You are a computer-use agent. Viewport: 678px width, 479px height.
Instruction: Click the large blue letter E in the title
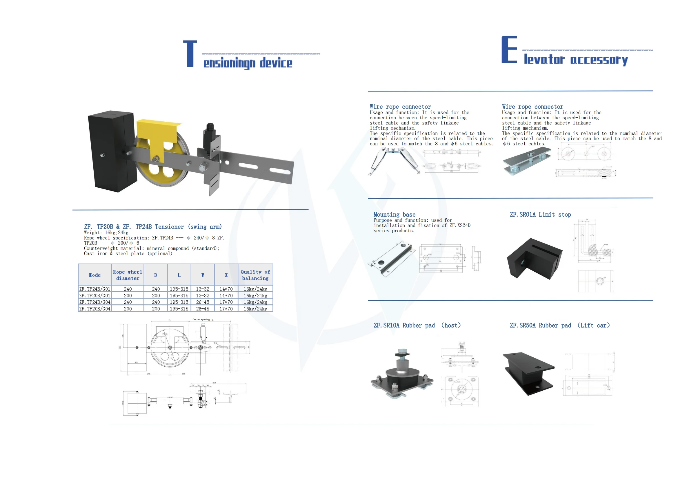pyautogui.click(x=509, y=50)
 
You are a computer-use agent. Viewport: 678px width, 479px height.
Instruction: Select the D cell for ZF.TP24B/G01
pyautogui.click(x=156, y=289)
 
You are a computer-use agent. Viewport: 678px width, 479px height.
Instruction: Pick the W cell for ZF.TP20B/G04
pyautogui.click(x=203, y=309)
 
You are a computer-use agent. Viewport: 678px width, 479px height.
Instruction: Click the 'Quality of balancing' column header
pyautogui.click(x=255, y=275)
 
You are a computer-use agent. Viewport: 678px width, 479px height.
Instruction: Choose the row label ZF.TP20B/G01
pyautogui.click(x=95, y=296)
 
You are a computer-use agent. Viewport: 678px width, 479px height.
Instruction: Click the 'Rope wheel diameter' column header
pyautogui.click(x=128, y=275)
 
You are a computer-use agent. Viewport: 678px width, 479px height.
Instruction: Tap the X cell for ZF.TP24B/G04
pyautogui.click(x=226, y=302)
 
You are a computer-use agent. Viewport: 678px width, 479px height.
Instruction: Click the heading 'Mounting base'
pyautogui.click(x=394, y=215)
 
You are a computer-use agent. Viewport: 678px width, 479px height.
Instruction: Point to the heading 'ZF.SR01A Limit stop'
pyautogui.click(x=540, y=215)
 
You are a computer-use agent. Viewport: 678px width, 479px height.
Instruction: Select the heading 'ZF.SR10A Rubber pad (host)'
pyautogui.click(x=417, y=325)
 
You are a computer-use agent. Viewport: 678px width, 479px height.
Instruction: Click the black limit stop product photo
pyautogui.click(x=534, y=259)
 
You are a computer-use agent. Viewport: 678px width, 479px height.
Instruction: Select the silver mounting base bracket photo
pyautogui.click(x=392, y=258)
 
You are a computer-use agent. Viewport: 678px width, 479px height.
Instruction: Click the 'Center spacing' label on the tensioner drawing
pyautogui.click(x=201, y=319)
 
